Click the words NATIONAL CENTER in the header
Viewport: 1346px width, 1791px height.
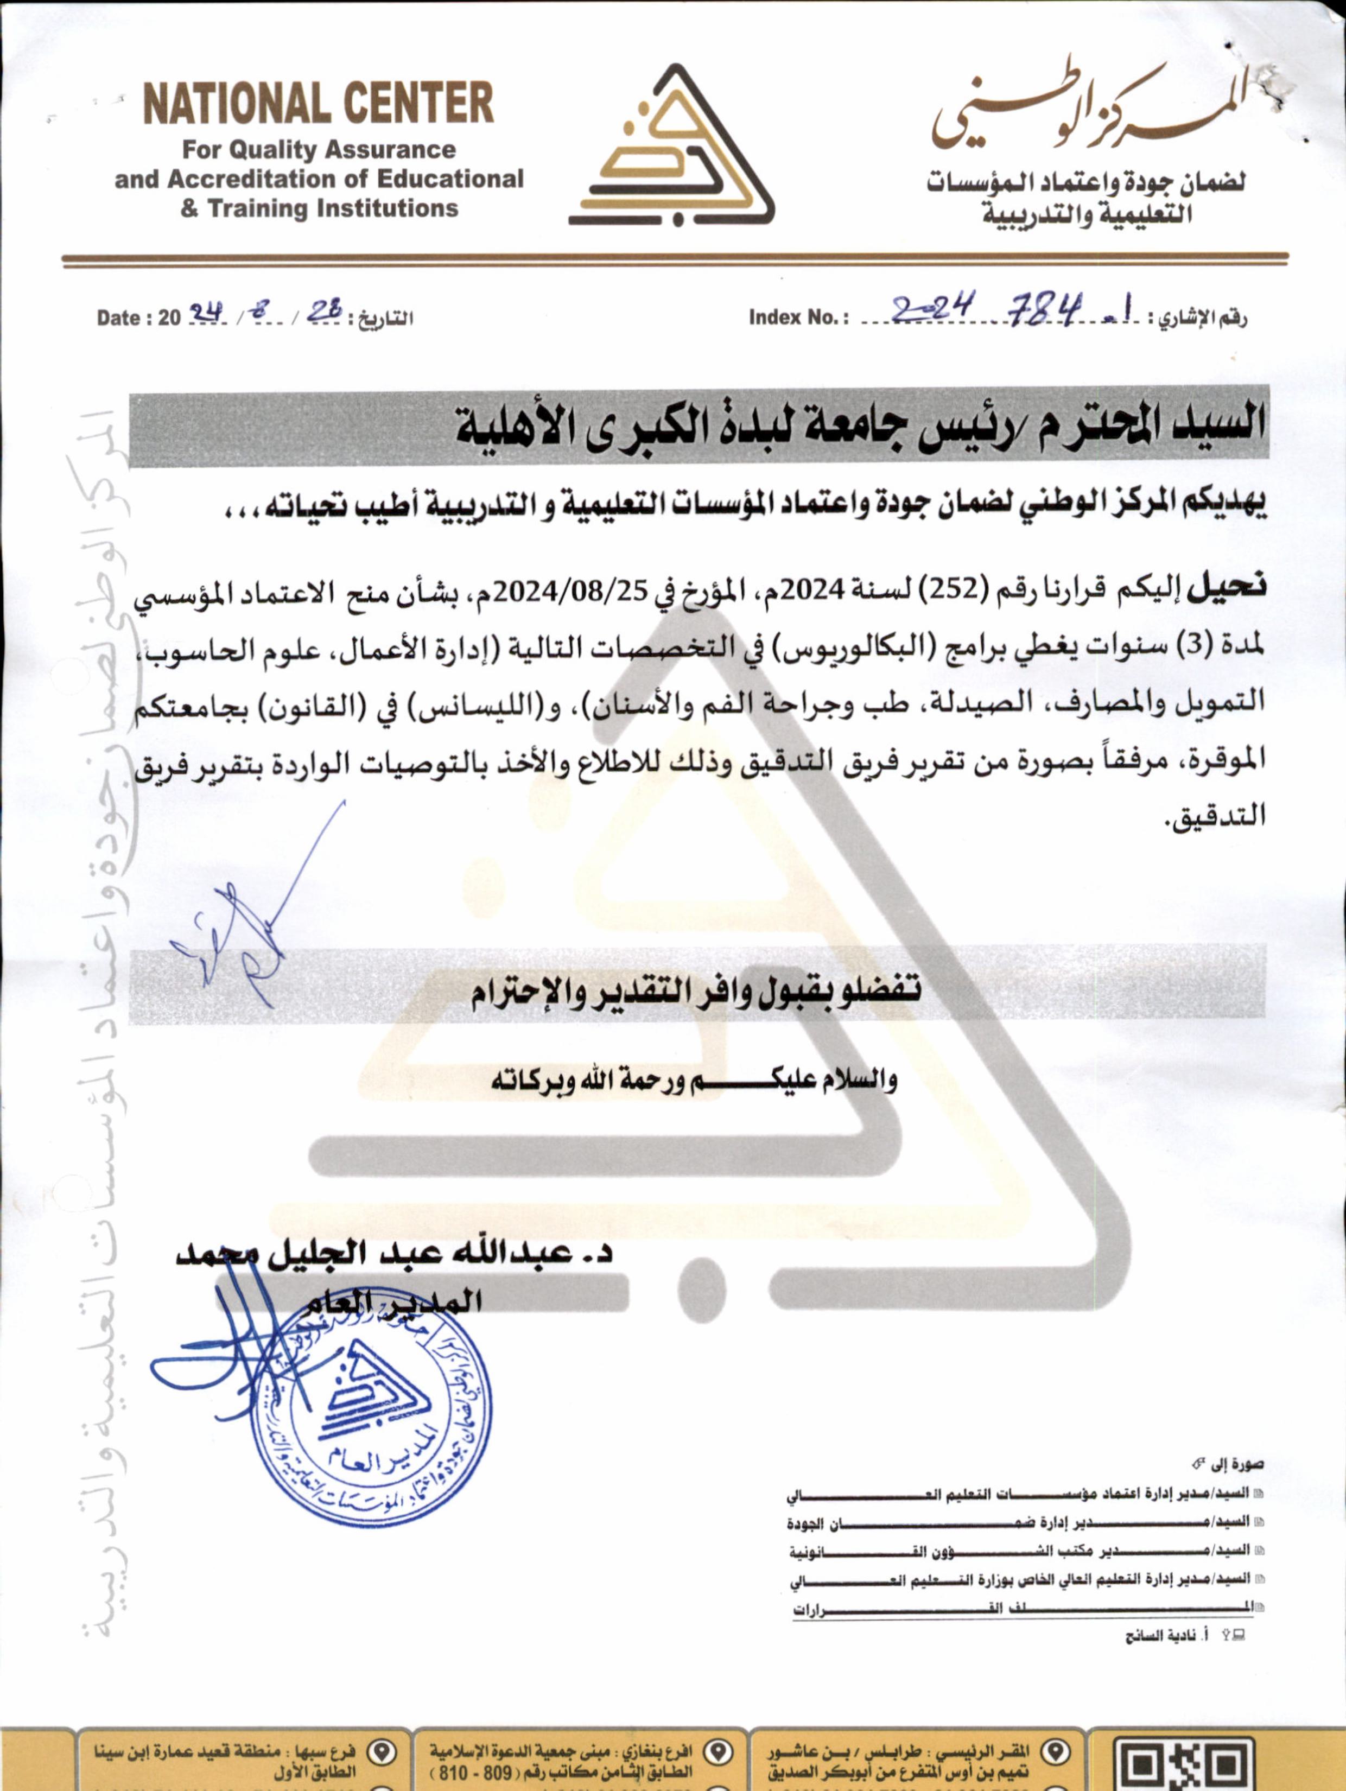point(318,104)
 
